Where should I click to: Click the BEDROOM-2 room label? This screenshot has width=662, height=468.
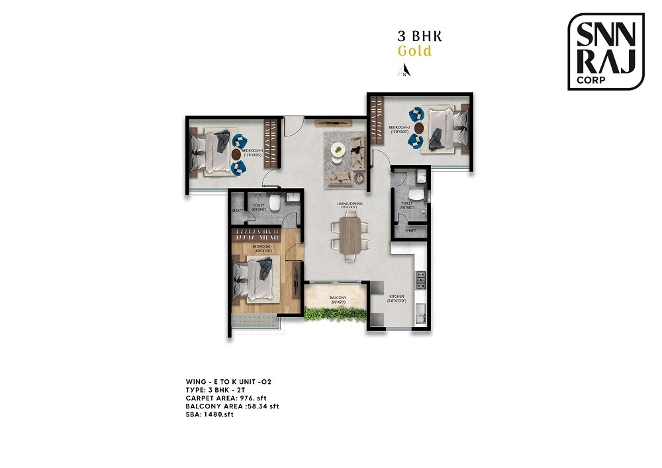400,127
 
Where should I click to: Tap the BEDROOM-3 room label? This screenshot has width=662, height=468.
253,152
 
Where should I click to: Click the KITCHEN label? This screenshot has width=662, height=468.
397,297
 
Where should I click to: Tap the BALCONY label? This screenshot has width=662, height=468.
338,298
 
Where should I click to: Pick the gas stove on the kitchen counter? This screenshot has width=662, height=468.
419,282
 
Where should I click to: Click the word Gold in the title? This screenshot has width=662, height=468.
414,51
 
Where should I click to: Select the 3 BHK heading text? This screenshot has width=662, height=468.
414,36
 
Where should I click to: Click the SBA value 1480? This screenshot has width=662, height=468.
218,414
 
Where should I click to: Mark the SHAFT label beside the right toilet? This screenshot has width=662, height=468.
410,230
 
